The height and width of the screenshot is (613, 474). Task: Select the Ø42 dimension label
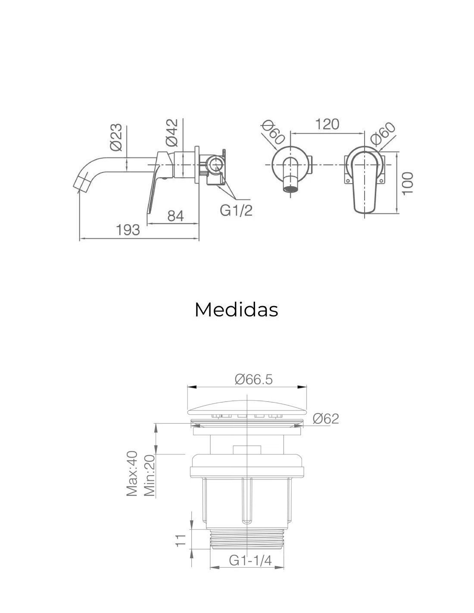(172, 133)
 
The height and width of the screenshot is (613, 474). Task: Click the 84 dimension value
(175, 216)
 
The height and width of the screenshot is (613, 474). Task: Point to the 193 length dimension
(128, 230)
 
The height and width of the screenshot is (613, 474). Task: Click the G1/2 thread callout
(236, 210)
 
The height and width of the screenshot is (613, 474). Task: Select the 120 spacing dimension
(327, 125)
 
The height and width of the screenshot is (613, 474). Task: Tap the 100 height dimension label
(408, 183)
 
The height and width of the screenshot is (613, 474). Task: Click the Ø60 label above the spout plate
(272, 132)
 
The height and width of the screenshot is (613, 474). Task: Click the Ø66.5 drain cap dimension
(254, 380)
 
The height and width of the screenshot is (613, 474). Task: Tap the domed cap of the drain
(247, 408)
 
